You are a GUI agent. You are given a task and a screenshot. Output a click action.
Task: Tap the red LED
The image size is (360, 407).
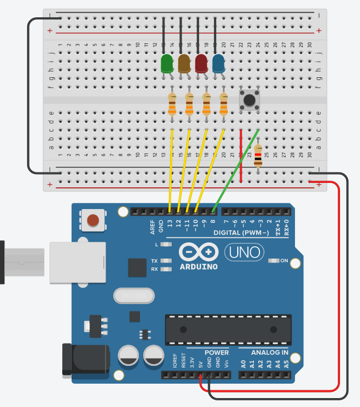pyautogui.click(x=201, y=63)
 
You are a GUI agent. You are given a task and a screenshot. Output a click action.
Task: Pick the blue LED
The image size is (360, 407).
pyautogui.click(x=218, y=63)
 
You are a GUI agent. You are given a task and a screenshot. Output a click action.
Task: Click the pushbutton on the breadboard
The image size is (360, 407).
pyautogui.click(x=249, y=100)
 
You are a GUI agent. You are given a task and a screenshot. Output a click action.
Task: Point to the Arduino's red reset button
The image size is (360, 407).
pyautogui.click(x=94, y=220)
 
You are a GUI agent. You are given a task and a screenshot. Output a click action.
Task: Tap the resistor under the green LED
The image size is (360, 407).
pyautogui.click(x=172, y=105)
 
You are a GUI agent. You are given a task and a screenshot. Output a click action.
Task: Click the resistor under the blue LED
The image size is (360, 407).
pyautogui.click(x=224, y=105)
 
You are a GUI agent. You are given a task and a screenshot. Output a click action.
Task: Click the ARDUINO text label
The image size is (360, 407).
pyautogui.click(x=199, y=266)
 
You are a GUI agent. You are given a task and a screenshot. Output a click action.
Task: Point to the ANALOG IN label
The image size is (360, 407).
pyautogui.click(x=269, y=353)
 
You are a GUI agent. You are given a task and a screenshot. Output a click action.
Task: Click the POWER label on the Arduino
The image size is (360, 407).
pyautogui.click(x=216, y=353)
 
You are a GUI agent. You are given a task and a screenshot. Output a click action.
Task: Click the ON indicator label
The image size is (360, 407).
pyautogui.click(x=284, y=260)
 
